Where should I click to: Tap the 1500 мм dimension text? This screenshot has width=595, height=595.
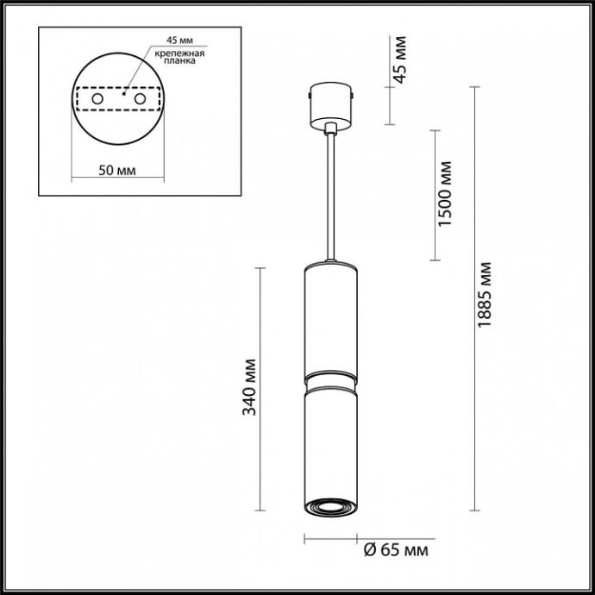445,194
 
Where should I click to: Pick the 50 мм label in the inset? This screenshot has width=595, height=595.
116,170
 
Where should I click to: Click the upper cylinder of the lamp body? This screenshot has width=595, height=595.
330,319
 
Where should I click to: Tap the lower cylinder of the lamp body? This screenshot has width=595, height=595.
330,440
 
